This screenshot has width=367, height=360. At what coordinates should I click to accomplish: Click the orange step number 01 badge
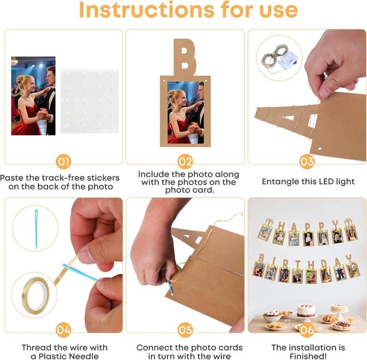pos(64,162)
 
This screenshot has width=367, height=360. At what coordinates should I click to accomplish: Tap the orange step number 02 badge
pos(185,162)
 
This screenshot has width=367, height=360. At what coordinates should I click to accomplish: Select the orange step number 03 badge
pos(307,162)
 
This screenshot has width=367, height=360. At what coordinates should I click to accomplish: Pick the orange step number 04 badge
pos(64,330)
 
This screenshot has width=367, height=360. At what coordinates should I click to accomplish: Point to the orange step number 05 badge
pos(185,330)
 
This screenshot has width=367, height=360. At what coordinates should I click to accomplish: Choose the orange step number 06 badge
pos(307,330)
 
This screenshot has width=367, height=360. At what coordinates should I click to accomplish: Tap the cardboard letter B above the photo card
pos(185,57)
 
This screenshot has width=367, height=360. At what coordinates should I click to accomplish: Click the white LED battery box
pos(289,60)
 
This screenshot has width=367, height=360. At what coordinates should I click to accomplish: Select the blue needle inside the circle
pos(36,229)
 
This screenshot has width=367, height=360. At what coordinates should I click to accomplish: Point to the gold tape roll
pos(36,295)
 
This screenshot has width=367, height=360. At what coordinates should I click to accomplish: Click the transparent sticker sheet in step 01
pos(89,101)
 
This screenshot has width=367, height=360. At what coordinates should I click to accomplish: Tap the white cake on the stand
pos(306,310)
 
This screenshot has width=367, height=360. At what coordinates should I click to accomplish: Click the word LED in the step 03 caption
pos(326,182)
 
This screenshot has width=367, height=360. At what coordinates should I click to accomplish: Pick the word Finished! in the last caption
pos(308,356)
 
